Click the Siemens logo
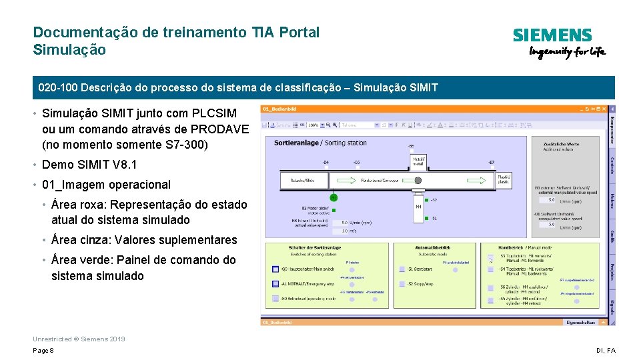tap(552, 35)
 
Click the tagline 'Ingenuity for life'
tap(567, 53)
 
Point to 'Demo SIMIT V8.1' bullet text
tap(89, 165)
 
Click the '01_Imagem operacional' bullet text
tap(106, 185)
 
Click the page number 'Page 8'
tap(43, 351)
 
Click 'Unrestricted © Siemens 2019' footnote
tap(79, 339)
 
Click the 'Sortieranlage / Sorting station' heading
tap(320, 142)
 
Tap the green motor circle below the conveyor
tap(334, 197)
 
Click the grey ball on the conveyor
tap(418, 180)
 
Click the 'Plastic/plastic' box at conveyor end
tap(504, 179)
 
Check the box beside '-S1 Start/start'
tap(402, 269)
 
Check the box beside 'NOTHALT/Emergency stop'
tap(275, 283)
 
